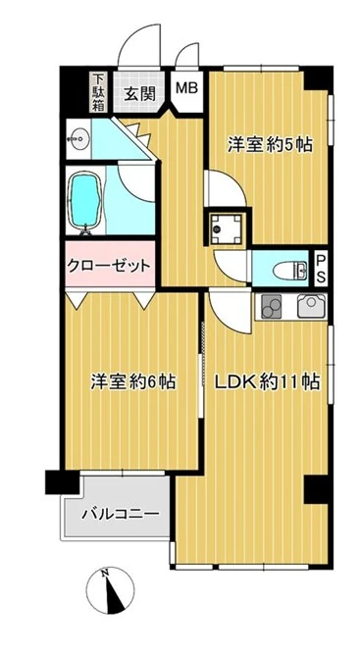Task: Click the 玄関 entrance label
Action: click(x=139, y=95)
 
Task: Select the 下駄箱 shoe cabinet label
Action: click(x=99, y=94)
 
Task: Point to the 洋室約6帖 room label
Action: click(x=134, y=381)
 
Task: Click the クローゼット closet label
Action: click(x=109, y=267)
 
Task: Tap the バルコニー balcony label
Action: click(x=121, y=513)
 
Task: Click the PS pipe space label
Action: click(x=321, y=267)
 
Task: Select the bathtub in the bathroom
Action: click(x=84, y=202)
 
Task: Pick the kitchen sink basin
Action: click(x=312, y=307)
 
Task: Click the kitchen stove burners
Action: click(x=269, y=307)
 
